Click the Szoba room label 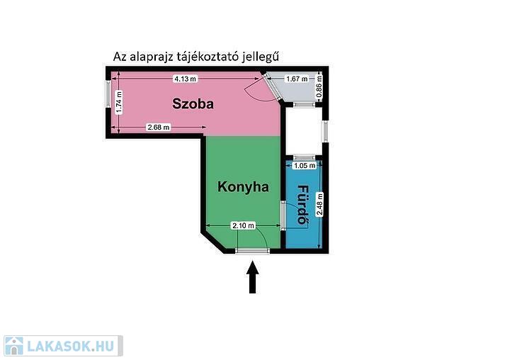(x=193, y=103)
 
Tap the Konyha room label (x=243, y=187)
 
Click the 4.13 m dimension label (x=186, y=79)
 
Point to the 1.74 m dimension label (x=119, y=103)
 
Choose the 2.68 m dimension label (x=159, y=127)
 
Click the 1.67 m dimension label (x=297, y=79)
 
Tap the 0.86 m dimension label (x=319, y=86)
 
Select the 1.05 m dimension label (x=305, y=165)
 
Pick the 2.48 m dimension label (x=319, y=204)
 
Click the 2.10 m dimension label (x=244, y=225)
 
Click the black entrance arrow (x=253, y=277)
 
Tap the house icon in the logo (x=13, y=346)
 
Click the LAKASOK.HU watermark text (x=71, y=346)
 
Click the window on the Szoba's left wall (x=108, y=94)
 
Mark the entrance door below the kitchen (x=252, y=251)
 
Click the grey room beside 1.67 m (x=293, y=87)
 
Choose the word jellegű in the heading (x=260, y=57)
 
